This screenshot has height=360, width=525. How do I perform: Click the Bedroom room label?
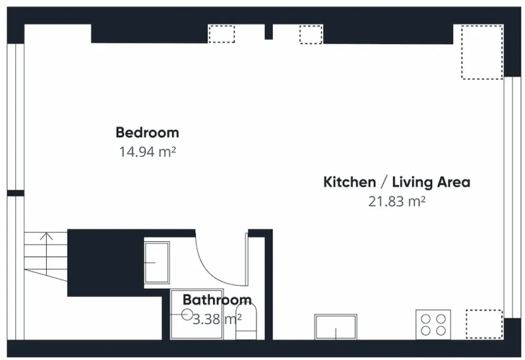(148, 132)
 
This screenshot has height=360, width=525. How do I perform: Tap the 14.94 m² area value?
(148, 152)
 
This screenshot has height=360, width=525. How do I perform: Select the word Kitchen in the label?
(349, 182)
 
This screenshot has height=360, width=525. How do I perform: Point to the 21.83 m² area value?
(397, 202)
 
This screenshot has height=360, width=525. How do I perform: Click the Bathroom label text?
(217, 300)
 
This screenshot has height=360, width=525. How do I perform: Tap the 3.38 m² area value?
(217, 319)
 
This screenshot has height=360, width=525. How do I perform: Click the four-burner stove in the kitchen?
(434, 325)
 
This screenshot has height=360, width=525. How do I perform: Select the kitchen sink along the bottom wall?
(336, 327)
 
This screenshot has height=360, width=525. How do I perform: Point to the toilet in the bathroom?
(246, 322)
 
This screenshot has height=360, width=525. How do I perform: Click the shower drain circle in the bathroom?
(187, 315)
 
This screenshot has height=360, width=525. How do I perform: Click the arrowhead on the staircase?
(46, 236)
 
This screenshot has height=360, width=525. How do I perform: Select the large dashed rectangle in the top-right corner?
(482, 53)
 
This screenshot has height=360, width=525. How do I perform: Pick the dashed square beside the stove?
(484, 324)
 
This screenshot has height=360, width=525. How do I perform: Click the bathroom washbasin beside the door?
(157, 263)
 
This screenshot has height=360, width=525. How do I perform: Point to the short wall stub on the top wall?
(269, 32)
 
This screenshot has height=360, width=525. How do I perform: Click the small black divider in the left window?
(16, 193)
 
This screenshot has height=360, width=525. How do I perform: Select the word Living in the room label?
(413, 183)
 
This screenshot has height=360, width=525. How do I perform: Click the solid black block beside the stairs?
(106, 263)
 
